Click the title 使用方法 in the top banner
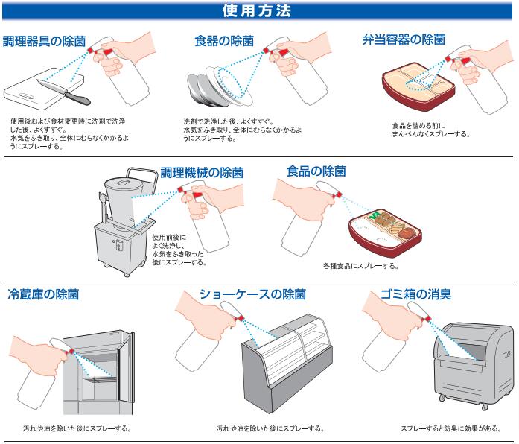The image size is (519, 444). [x=259, y=11]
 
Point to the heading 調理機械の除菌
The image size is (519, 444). [x=202, y=172]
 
